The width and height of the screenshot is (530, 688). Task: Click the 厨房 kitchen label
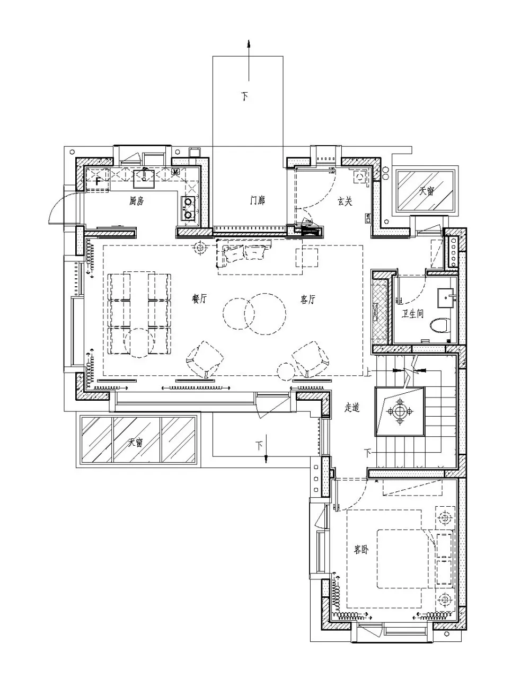point(136,201)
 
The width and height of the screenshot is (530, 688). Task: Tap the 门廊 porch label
point(258,200)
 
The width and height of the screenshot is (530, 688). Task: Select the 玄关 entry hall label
point(345,201)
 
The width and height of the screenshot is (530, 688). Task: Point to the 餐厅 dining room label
point(199,298)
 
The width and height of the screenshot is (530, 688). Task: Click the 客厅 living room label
point(308,299)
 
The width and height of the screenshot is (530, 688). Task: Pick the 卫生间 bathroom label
point(412,314)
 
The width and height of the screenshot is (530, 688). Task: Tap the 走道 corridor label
point(352,408)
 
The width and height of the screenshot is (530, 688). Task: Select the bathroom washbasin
point(446,298)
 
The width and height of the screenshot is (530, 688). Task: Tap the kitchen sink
point(144,179)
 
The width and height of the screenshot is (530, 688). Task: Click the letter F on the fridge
point(98,181)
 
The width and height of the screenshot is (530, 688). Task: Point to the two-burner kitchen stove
point(188,208)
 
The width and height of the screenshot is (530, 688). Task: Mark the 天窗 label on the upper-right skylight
point(426,191)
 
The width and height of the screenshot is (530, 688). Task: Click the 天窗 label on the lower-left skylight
point(135,442)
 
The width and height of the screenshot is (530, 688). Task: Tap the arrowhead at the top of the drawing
point(249,43)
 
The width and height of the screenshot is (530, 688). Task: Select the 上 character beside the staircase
point(367,373)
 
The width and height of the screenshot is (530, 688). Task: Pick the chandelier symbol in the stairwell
point(400,412)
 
